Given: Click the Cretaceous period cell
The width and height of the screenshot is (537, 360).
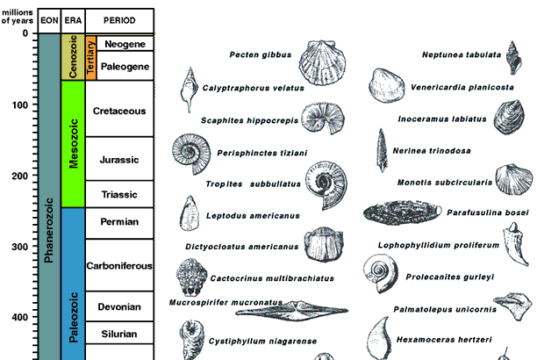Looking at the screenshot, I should [x=120, y=111].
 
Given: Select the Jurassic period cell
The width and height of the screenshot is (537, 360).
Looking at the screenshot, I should [x=120, y=160].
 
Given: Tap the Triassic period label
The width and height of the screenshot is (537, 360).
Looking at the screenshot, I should [x=120, y=194].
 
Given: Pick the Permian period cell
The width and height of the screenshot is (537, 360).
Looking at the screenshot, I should [x=120, y=221].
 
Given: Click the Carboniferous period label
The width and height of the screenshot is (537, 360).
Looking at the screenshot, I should [x=120, y=265].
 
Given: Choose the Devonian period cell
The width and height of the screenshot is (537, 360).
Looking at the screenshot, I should [x=120, y=307].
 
